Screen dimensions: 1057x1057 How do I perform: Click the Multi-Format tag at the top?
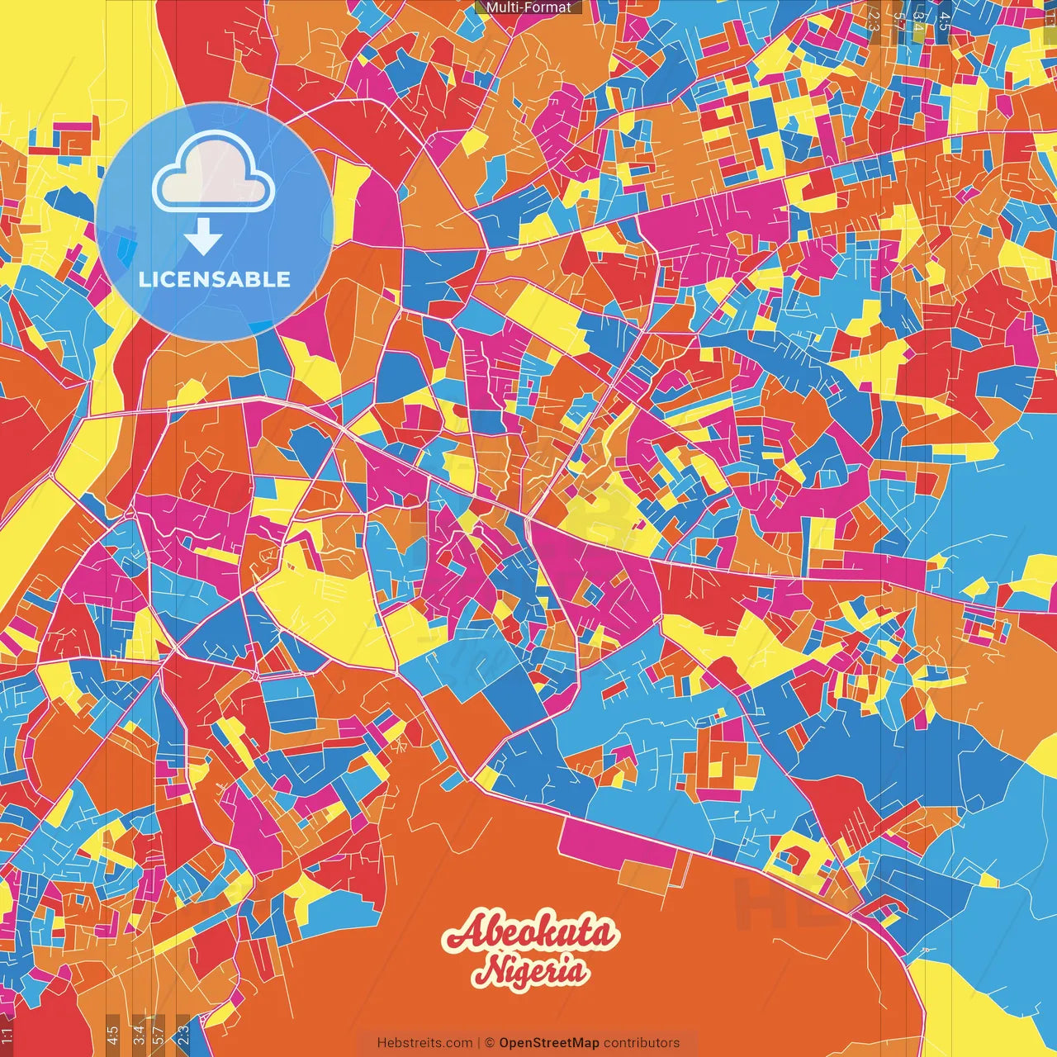tap(528, 7)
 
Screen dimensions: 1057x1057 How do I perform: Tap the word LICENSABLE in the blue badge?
tap(215, 279)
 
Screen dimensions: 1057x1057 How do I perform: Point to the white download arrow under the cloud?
tap(202, 240)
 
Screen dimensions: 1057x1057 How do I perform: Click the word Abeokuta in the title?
tap(529, 934)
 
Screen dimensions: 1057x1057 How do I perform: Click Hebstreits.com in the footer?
tap(424, 1043)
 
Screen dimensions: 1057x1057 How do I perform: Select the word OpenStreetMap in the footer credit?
tap(549, 1043)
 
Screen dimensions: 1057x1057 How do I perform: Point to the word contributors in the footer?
tap(642, 1043)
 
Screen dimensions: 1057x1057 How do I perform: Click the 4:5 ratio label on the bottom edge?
tap(112, 1033)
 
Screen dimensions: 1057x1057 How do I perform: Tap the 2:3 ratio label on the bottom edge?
tap(183, 1033)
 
